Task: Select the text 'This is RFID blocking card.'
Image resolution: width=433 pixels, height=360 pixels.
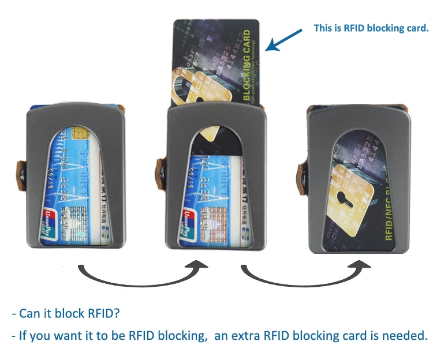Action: pyautogui.click(x=371, y=28)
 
